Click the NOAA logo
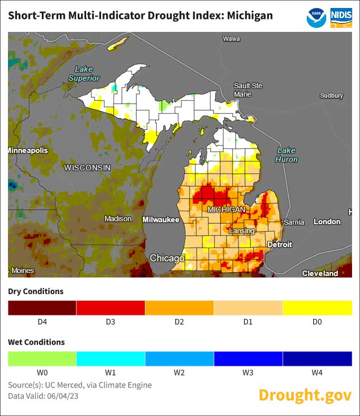coord(316,17)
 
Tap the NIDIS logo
coord(341,17)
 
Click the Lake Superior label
coord(84,74)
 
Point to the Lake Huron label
coord(286,155)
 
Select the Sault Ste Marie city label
coord(248,90)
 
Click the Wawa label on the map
coord(231,38)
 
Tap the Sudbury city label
coord(331,95)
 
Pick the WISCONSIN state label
coord(87,168)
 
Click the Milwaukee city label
coord(161,219)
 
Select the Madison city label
coord(118,219)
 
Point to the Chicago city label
coord(167,258)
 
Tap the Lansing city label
coord(241,231)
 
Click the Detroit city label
coord(279,245)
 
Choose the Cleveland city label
coord(320,273)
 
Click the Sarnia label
coord(293,222)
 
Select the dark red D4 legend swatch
coord(42,308)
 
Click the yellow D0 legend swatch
coord(317,308)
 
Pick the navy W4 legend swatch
coord(317,359)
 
